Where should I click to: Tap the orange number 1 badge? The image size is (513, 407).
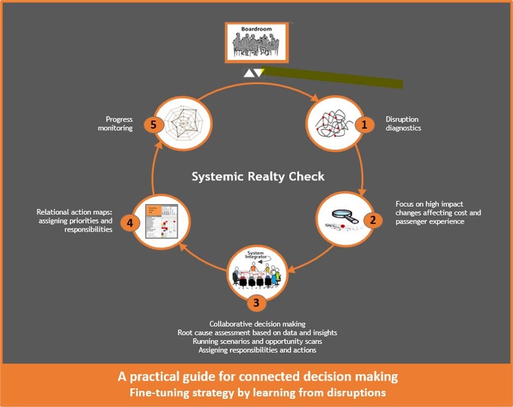(x=362, y=125)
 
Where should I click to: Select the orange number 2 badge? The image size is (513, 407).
(x=373, y=220)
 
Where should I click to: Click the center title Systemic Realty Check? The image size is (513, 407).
(x=257, y=177)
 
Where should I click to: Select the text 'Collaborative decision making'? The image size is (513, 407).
(x=257, y=324)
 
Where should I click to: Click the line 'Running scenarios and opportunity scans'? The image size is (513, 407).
(x=257, y=341)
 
